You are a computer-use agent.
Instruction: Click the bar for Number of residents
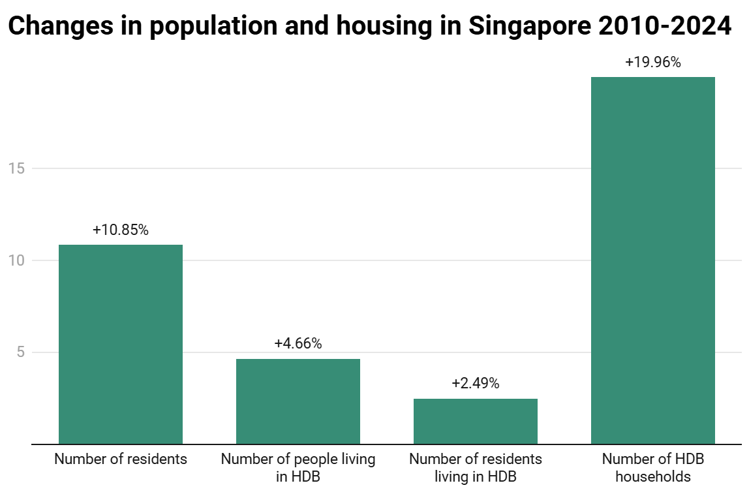(121, 345)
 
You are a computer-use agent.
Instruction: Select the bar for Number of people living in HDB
(298, 401)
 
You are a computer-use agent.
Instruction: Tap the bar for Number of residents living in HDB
(476, 422)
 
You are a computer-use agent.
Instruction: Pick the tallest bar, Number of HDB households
(653, 261)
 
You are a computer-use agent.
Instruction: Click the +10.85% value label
(121, 230)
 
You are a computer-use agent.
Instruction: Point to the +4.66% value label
(298, 344)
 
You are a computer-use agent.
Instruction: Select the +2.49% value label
(476, 384)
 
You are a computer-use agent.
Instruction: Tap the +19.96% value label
(653, 63)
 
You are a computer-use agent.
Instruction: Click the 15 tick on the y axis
(17, 168)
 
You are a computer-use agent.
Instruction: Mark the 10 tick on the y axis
(17, 260)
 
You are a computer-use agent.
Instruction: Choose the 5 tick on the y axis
(21, 352)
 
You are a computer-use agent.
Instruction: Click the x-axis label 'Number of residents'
(121, 459)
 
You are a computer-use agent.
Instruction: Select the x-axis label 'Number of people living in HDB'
(298, 467)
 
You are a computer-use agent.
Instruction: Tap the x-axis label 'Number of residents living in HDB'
(476, 467)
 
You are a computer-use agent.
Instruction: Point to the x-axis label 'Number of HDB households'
(653, 467)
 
